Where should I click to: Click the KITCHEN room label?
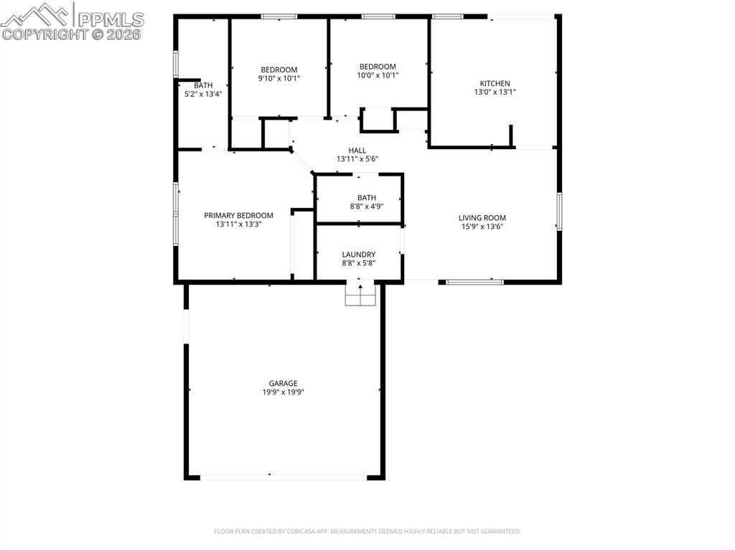tap(495, 83)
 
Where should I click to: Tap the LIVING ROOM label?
tap(482, 218)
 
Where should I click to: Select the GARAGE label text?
tap(283, 384)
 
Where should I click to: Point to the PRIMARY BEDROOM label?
tap(238, 215)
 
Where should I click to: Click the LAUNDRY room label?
tap(358, 255)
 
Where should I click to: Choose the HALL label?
tap(357, 151)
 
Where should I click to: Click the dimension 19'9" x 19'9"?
tap(283, 393)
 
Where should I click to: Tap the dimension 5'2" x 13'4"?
tap(203, 94)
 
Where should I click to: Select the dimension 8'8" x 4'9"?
tap(366, 207)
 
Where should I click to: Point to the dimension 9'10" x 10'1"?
tap(278, 78)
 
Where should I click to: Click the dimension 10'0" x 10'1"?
tap(378, 75)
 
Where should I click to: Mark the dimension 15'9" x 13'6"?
tap(482, 227)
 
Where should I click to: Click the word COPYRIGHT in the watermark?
tap(44, 34)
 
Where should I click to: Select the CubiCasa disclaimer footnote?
tap(367, 531)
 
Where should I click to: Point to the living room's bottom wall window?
tap(474, 282)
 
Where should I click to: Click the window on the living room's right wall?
tap(558, 211)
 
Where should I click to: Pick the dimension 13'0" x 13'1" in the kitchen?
tap(495, 92)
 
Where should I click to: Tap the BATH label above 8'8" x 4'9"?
tap(366, 198)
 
